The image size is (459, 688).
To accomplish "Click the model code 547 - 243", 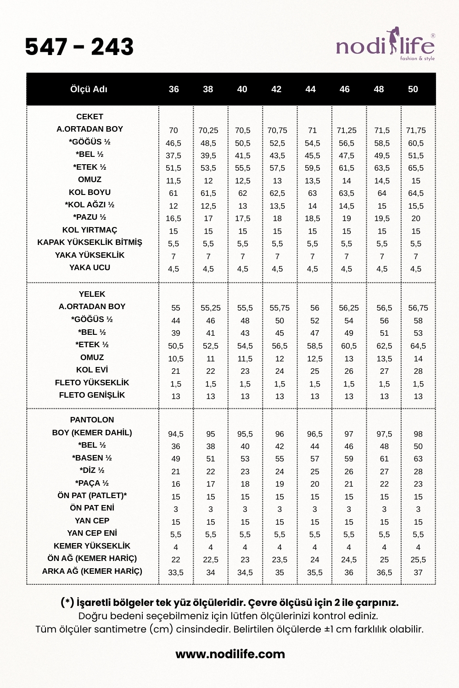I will pos(79,47).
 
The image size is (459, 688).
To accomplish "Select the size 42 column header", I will pos(276,89).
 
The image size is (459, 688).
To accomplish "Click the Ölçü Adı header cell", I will pos(89,89).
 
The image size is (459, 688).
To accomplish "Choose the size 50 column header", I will pos(413,89).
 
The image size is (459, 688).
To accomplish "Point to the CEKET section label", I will pos(90,117).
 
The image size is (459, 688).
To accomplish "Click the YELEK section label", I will pos(92,294).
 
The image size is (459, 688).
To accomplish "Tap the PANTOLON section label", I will pos(92,420).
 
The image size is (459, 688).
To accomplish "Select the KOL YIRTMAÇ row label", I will pos(90,230).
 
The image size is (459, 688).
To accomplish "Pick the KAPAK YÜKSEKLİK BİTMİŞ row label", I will pos(90,242).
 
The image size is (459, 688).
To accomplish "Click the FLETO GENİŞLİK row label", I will pos(92,395).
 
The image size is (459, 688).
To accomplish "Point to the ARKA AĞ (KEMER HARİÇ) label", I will pos(92,571).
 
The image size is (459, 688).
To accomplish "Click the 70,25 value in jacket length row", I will pos(208,130).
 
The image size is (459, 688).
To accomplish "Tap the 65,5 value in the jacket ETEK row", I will pos(416,168).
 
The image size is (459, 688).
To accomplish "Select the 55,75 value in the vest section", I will pos(280,308).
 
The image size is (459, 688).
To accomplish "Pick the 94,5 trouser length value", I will pos(176,434).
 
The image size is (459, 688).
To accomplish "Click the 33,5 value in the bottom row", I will pos(176,572).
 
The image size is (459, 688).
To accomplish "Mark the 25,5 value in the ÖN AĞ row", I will pos(418,560).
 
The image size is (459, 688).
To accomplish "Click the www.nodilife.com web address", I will pos(230,654).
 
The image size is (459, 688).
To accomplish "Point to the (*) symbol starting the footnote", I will pos(67,602).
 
